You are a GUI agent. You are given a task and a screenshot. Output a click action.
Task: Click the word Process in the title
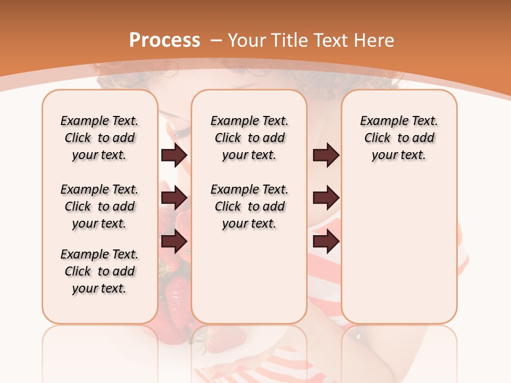(164, 40)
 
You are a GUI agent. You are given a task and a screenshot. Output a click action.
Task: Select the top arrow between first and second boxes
(174, 155)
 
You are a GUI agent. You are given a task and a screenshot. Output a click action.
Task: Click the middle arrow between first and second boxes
(174, 198)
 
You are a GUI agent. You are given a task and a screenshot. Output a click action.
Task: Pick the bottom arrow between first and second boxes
(174, 242)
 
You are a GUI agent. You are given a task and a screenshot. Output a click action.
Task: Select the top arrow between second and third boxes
(325, 155)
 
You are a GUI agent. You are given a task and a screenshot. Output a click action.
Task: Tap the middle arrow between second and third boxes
(325, 198)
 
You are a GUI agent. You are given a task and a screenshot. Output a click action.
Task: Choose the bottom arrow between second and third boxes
(325, 242)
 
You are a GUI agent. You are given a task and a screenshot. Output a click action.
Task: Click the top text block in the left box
(100, 138)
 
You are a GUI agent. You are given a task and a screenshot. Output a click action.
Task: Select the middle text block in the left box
(100, 206)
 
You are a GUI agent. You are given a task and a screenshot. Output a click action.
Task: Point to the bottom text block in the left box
(100, 271)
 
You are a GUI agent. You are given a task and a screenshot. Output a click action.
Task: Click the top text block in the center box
(249, 138)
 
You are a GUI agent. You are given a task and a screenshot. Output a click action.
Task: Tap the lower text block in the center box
(249, 206)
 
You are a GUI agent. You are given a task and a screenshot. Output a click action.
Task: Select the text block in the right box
(399, 138)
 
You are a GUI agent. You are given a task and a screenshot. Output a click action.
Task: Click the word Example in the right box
(380, 121)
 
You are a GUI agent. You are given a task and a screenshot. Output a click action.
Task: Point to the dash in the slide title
(216, 40)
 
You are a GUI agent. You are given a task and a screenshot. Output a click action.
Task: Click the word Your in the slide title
(248, 40)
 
